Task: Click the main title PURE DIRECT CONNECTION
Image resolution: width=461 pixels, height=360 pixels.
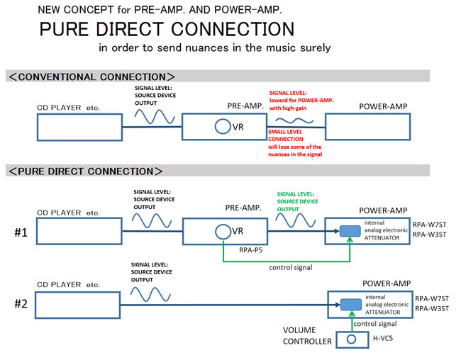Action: point(167,30)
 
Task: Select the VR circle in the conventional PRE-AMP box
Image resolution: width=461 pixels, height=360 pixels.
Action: point(223,127)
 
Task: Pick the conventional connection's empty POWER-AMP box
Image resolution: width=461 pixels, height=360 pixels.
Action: point(367,127)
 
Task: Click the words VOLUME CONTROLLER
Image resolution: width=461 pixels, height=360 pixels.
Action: point(307,335)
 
